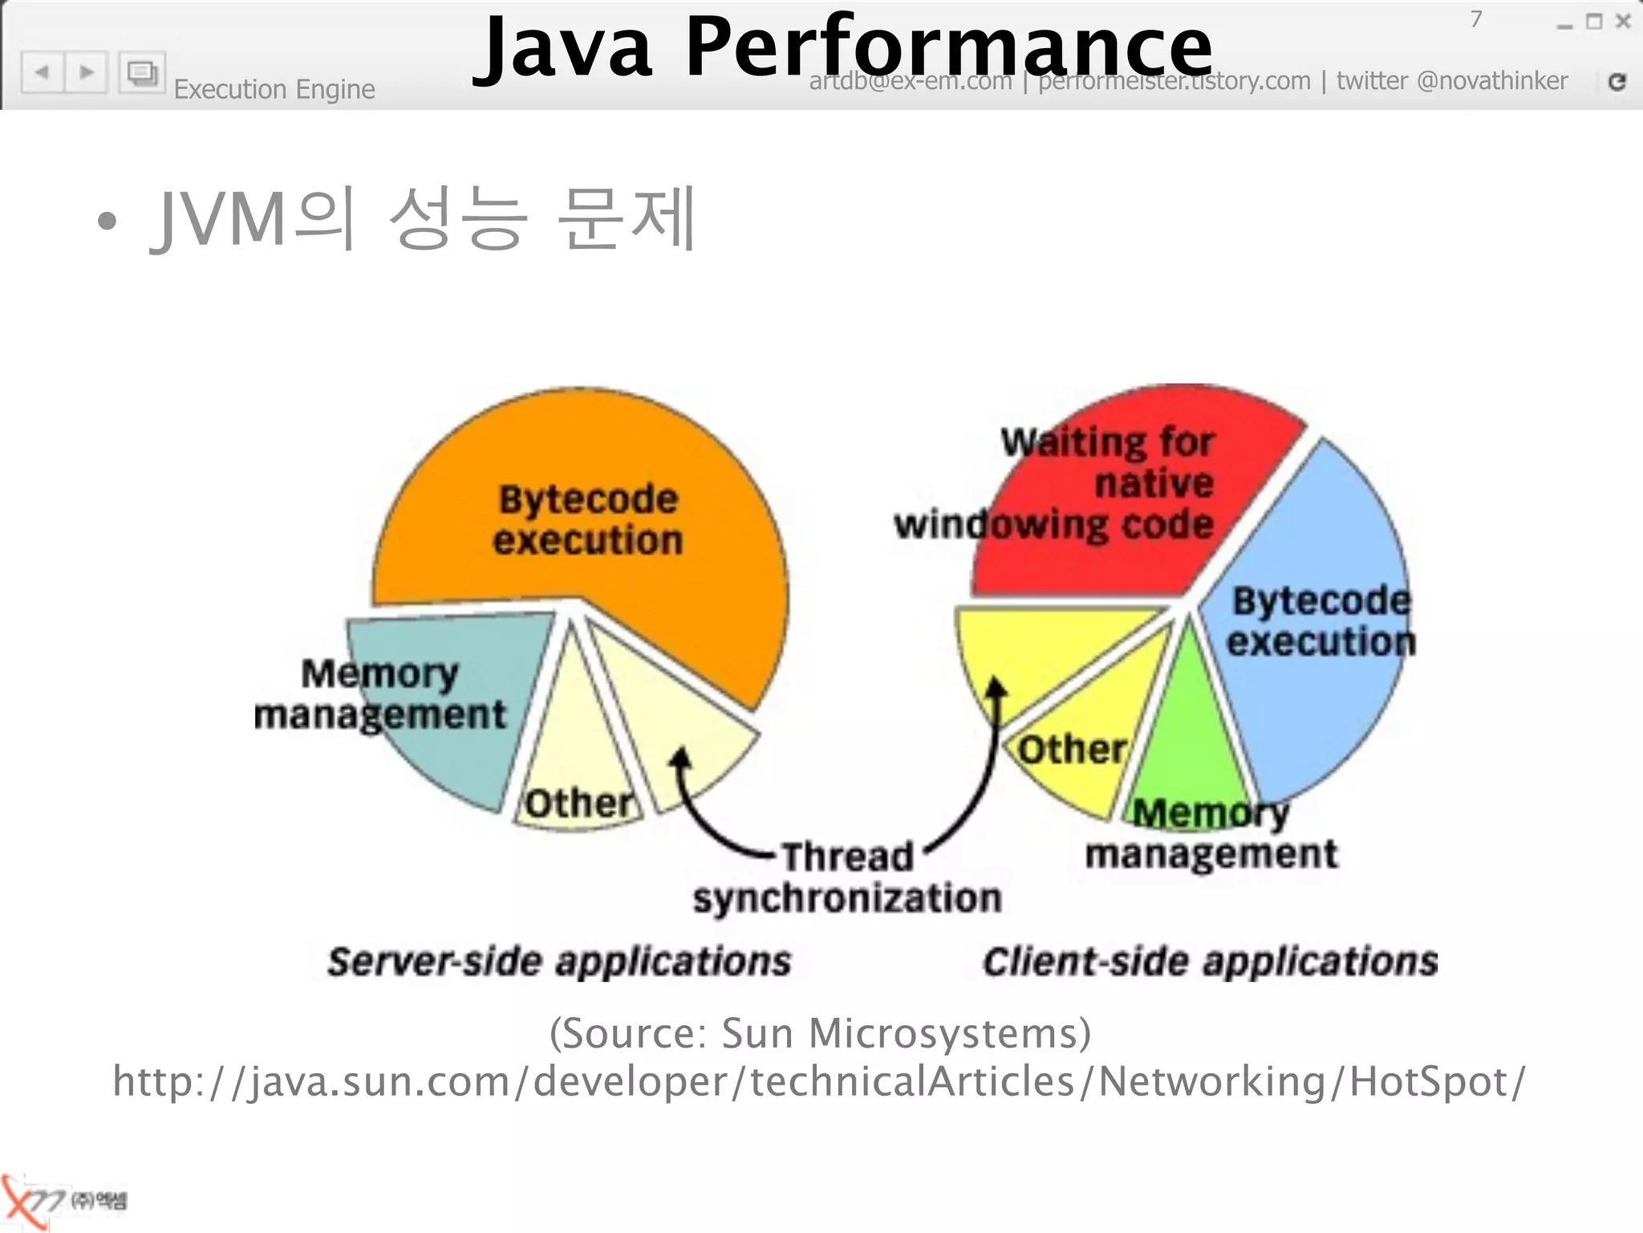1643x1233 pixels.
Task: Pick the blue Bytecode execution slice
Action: click(x=1316, y=706)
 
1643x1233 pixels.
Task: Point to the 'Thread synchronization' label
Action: click(x=847, y=877)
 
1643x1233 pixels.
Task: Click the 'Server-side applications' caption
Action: click(x=559, y=962)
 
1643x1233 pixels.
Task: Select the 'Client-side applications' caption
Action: click(x=1210, y=962)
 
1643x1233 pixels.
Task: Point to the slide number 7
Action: click(x=1475, y=19)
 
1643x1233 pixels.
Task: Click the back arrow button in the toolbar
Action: click(x=43, y=73)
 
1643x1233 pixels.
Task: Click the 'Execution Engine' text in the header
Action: click(x=274, y=89)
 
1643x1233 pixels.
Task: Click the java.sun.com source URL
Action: click(x=818, y=1081)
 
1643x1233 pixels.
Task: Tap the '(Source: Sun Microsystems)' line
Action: click(x=820, y=1033)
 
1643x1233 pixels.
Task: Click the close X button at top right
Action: click(x=1623, y=22)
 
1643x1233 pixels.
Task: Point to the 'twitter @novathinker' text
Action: click(x=1451, y=81)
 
